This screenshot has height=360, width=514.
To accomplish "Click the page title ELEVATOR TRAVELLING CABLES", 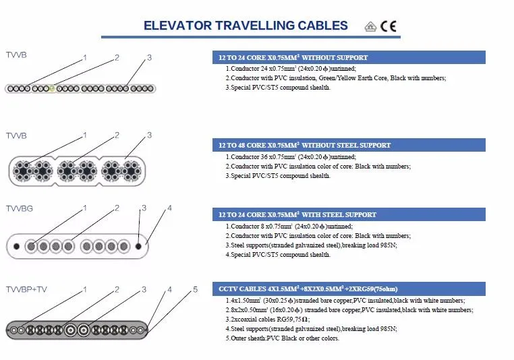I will click(246, 26).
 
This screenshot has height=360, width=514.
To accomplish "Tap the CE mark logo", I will click(389, 26).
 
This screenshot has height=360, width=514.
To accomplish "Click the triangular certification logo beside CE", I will click(370, 27).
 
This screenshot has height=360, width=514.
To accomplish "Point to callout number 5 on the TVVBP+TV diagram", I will click(195, 290).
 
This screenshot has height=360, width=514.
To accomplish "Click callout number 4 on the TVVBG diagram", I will click(169, 208).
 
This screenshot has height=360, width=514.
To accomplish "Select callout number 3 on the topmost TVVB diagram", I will click(149, 58).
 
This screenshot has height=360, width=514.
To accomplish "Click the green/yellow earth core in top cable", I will click(51, 88).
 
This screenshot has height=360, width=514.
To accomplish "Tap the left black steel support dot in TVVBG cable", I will click(17, 246).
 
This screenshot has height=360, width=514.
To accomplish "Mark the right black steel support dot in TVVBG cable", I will click(139, 246).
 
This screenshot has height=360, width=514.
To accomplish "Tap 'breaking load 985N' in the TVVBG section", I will click(364, 245).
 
